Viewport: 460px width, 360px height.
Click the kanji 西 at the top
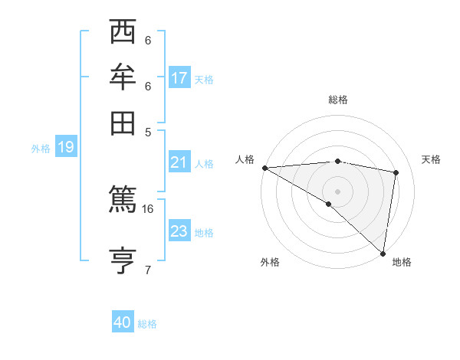pyautogui.click(x=123, y=33)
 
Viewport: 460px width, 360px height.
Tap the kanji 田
pyautogui.click(x=123, y=123)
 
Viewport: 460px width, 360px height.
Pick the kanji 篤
pyautogui.click(x=123, y=201)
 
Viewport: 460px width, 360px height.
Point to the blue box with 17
pyautogui.click(x=179, y=77)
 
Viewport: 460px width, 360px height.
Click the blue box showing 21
pyautogui.click(x=179, y=162)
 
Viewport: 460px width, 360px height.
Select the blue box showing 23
pyautogui.click(x=179, y=231)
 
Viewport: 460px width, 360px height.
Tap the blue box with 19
pyautogui.click(x=65, y=148)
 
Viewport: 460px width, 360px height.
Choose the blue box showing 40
pyautogui.click(x=123, y=322)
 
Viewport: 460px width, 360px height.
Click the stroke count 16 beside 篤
pyautogui.click(x=148, y=208)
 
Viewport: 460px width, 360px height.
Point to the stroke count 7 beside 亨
pyautogui.click(x=148, y=269)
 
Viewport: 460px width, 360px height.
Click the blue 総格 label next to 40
pyautogui.click(x=148, y=324)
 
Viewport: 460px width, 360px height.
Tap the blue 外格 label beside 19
pyautogui.click(x=41, y=149)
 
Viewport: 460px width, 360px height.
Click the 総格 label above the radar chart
pyautogui.click(x=338, y=100)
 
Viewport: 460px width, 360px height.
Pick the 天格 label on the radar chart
pyautogui.click(x=432, y=159)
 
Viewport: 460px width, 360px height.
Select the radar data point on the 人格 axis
pyautogui.click(x=264, y=168)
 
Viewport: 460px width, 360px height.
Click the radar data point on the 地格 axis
pyautogui.click(x=382, y=254)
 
